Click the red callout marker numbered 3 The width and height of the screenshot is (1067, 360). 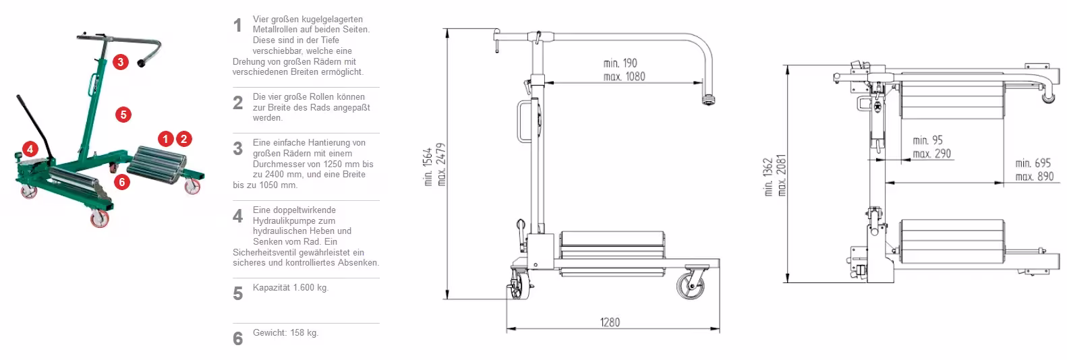(121, 62)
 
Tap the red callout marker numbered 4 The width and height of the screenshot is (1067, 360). (30, 149)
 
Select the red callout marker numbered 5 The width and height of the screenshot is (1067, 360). (123, 115)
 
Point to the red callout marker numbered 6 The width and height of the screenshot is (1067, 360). (122, 182)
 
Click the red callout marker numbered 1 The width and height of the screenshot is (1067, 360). (165, 139)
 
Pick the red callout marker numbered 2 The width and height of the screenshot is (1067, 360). (184, 139)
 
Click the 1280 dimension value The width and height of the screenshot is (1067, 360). (610, 322)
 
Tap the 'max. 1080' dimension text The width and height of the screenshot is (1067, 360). (624, 76)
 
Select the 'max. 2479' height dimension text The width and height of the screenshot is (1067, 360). (441, 164)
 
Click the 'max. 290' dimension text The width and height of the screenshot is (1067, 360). (931, 153)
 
